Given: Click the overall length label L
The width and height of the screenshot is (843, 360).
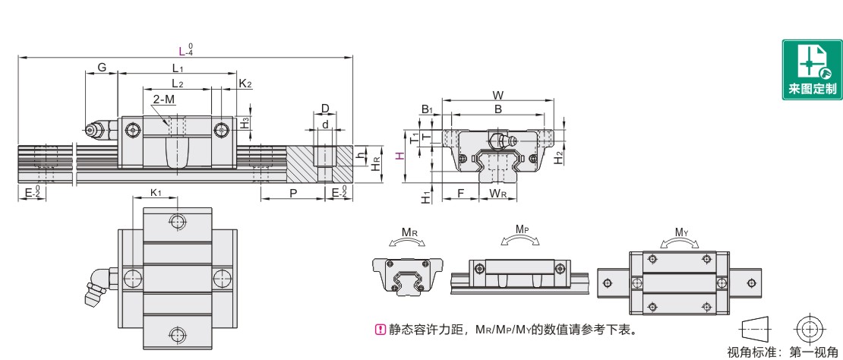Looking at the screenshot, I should pos(181,51).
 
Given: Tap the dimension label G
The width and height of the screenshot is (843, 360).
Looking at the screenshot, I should pos(101,68).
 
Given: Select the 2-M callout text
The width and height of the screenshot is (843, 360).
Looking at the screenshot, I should pos(163,99).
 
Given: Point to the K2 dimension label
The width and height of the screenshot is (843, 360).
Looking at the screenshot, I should pos(245,83).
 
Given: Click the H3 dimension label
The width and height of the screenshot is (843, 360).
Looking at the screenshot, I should pos(245,122).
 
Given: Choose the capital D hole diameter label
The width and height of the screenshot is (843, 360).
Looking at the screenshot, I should pos(324,108).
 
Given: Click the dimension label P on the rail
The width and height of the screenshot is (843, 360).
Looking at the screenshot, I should pos(292,194).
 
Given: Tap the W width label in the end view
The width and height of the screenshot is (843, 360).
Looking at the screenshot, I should pos(497,95).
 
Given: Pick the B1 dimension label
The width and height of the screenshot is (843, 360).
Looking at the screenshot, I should pos(427,109).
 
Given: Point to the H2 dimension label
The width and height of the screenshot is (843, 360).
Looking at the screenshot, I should pos(559,157).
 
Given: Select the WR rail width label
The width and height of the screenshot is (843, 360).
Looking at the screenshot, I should pos(498,194).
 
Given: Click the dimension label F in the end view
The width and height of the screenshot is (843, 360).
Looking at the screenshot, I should pos(460,194).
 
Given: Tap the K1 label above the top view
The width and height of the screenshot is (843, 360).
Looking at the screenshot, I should pos(155,194).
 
